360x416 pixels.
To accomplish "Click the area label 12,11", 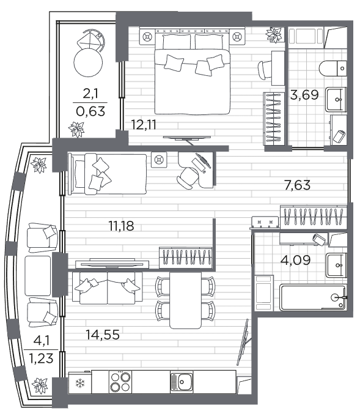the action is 144,124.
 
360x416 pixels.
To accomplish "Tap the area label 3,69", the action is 304,95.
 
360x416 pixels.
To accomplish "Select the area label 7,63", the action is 297,185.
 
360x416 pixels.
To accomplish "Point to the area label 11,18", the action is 122,226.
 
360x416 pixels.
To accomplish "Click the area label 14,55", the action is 103,335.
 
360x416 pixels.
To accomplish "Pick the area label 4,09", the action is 295,260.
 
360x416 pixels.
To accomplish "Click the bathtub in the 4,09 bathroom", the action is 313,297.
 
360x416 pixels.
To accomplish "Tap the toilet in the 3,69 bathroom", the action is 333,68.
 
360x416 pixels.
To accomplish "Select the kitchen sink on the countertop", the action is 182,382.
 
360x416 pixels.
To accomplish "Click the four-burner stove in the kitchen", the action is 120,382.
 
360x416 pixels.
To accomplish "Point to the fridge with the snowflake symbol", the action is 80,382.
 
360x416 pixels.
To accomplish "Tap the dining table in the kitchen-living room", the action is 185,300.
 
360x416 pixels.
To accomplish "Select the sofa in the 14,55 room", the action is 107,288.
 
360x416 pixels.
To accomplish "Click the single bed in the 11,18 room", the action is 107,174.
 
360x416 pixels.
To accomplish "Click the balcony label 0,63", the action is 90,111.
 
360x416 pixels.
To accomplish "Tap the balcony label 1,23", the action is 41,358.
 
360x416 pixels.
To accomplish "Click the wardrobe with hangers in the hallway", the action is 314,217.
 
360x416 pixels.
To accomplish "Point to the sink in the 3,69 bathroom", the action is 336,100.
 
